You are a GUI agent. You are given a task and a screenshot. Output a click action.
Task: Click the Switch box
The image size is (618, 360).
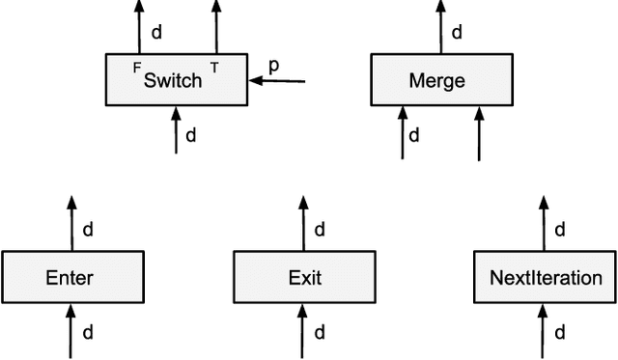pyautogui.click(x=175, y=79)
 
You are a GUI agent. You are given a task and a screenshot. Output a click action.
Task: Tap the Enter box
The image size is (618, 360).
pyautogui.click(x=70, y=278)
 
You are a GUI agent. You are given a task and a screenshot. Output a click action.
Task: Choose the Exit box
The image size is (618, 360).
pyautogui.click(x=305, y=278)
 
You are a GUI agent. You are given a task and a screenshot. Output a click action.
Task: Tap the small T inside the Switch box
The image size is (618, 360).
pyautogui.click(x=214, y=69)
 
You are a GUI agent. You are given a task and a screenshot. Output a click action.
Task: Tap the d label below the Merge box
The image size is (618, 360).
pyautogui.click(x=414, y=134)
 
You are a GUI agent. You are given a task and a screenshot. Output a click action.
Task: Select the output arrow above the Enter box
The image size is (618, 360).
pyautogui.click(x=70, y=222)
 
